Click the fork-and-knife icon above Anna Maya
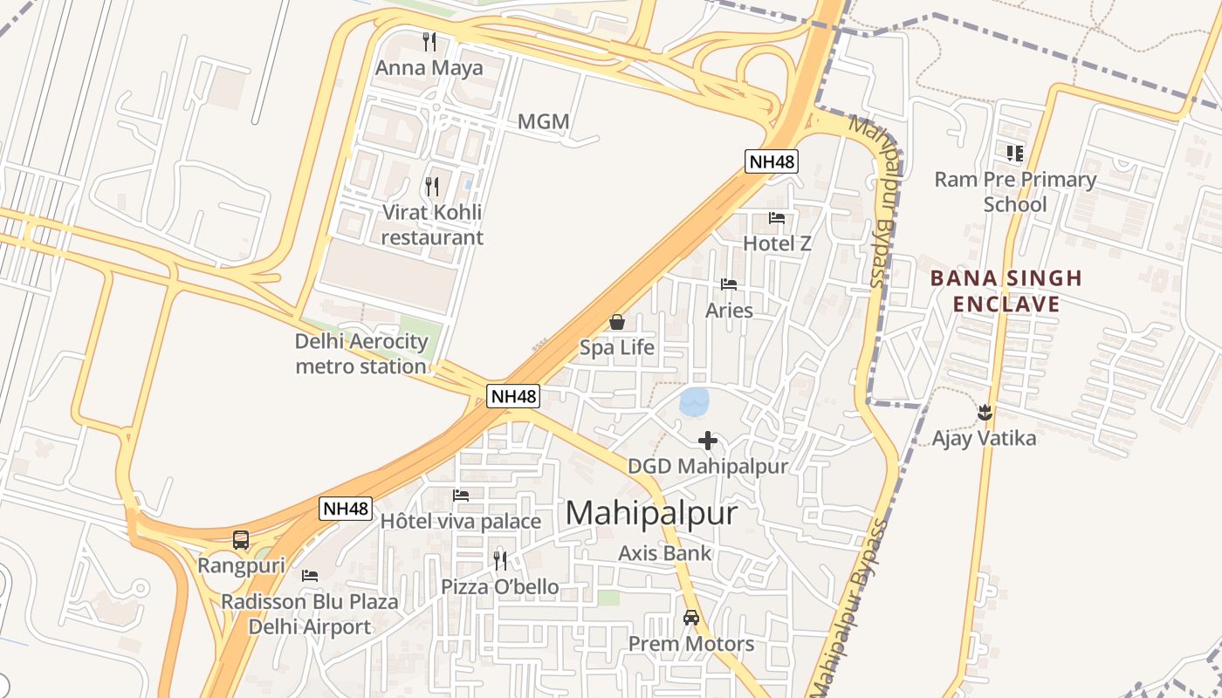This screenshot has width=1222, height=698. [429, 41]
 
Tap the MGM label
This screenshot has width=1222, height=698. [543, 121]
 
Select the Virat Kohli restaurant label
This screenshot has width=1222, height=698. [431, 224]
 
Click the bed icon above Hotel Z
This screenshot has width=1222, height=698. [777, 218]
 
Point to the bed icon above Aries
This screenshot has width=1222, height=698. [729, 284]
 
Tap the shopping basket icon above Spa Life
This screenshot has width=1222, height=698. [617, 322]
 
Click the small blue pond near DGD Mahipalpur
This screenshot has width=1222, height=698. [695, 402]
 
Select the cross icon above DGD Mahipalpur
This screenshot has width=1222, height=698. [708, 441]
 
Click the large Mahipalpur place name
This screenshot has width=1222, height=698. [651, 513]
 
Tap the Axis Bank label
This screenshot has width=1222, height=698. [665, 552]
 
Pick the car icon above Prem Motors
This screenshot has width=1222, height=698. [691, 618]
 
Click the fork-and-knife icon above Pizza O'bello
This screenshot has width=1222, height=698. [500, 560]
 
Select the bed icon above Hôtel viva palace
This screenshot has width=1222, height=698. [461, 496]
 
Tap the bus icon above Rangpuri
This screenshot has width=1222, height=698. [241, 540]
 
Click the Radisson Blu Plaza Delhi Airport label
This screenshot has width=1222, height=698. [310, 614]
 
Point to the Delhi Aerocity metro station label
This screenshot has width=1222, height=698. [361, 353]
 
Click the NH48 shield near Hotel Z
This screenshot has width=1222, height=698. [772, 161]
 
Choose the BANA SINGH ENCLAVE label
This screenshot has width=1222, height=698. [1006, 291]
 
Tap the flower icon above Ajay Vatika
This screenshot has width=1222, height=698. [985, 412]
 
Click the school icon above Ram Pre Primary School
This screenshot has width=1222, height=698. [1014, 154]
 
